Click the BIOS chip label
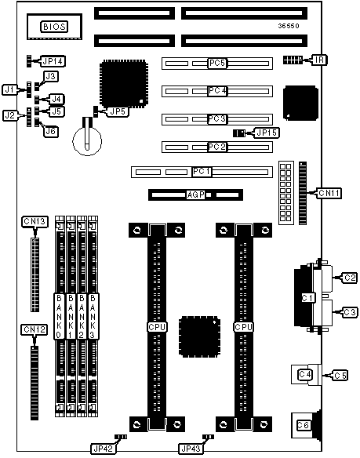(x=54, y=27)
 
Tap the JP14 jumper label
(x=53, y=61)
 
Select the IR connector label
(x=320, y=60)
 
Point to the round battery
(x=87, y=141)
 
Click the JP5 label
(x=118, y=111)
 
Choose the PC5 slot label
(x=217, y=63)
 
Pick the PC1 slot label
(x=202, y=172)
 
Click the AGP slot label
(x=195, y=194)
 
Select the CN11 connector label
(x=329, y=193)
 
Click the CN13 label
(x=35, y=221)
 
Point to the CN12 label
(x=35, y=329)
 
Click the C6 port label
(x=304, y=425)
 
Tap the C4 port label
(x=305, y=374)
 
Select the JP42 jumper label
(x=104, y=449)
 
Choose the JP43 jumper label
(x=191, y=449)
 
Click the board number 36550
(x=289, y=26)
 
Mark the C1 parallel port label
(x=307, y=298)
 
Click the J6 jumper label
(x=51, y=132)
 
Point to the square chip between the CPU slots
(x=199, y=336)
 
